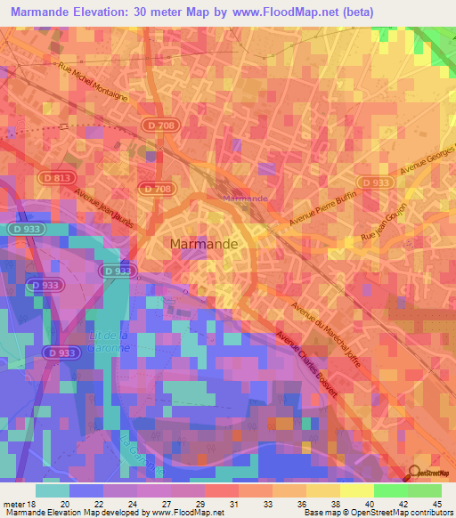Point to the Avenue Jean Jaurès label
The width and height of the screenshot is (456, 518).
(x=105, y=210)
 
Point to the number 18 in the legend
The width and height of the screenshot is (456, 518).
(x=33, y=503)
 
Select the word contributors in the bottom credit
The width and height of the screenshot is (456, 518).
(x=428, y=513)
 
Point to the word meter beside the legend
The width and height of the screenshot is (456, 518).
(x=12, y=503)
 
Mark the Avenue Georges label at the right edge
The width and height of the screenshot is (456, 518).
(x=427, y=159)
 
